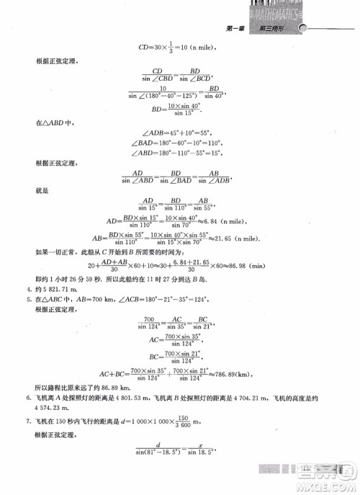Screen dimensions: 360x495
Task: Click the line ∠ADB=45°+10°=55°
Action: (x=180, y=133)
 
